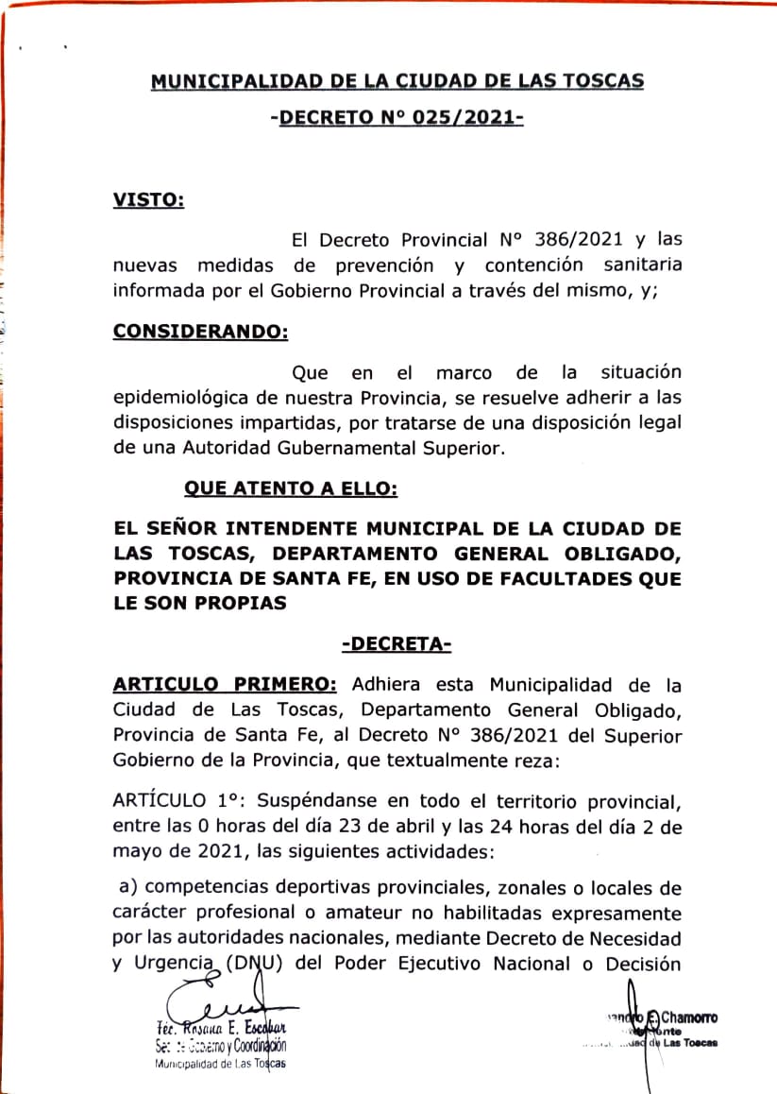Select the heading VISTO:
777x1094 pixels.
tap(148, 199)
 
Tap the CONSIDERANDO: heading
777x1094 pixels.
tap(200, 332)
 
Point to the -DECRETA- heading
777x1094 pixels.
tap(397, 644)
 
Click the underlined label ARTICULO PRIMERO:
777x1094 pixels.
tap(225, 684)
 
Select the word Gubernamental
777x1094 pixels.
tap(359, 449)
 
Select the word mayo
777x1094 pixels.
tap(137, 851)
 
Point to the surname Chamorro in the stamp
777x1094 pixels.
tap(688, 1017)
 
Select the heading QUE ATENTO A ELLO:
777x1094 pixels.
tap(290, 488)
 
